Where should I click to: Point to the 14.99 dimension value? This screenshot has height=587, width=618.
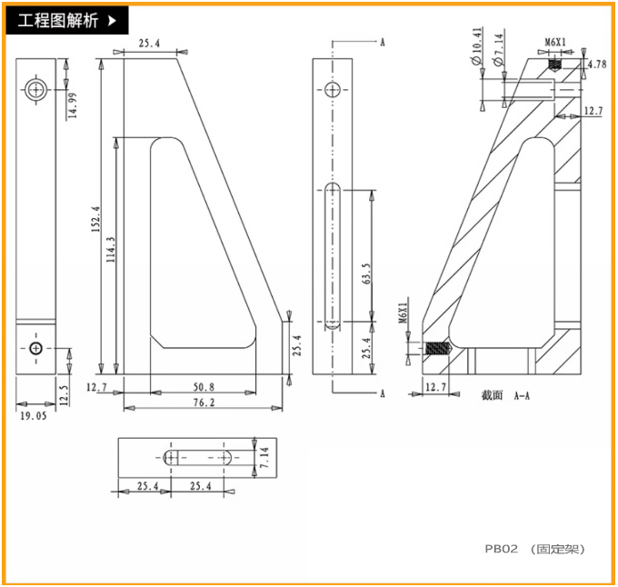[73, 105]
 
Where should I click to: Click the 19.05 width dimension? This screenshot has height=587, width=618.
[33, 416]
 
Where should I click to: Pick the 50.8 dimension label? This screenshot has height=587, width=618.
[204, 386]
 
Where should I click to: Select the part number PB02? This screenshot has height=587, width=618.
[501, 549]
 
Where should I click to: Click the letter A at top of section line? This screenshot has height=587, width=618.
[383, 43]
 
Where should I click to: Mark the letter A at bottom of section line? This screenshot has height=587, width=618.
[383, 393]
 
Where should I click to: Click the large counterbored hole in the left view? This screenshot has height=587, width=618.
[36, 89]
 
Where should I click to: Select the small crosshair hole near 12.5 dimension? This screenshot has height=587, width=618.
[35, 349]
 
